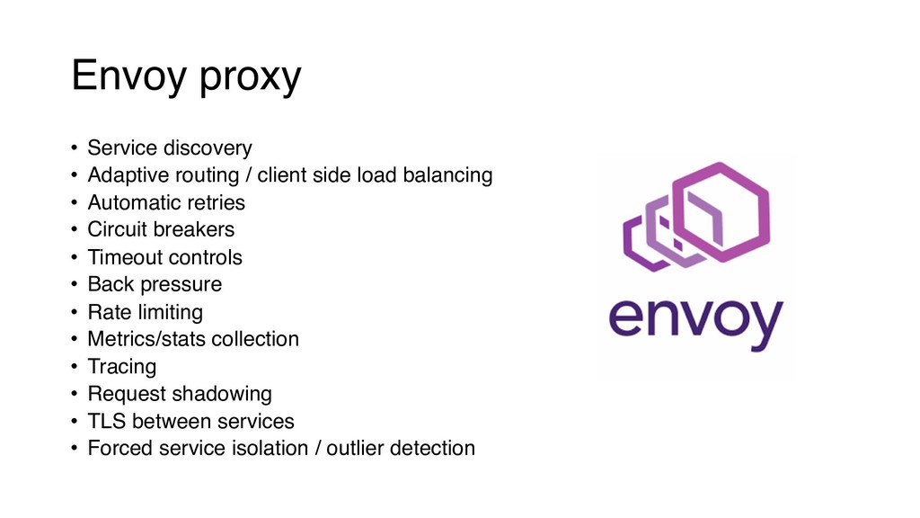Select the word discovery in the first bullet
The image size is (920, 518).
[208, 147]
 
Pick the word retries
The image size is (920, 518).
[216, 202]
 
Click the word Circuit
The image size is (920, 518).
[117, 229]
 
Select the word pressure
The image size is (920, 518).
[187, 285]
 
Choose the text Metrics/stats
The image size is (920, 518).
[143, 339]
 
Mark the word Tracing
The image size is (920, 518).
[121, 367]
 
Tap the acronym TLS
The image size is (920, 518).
[106, 421]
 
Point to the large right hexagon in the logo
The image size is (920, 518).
[722, 212]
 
